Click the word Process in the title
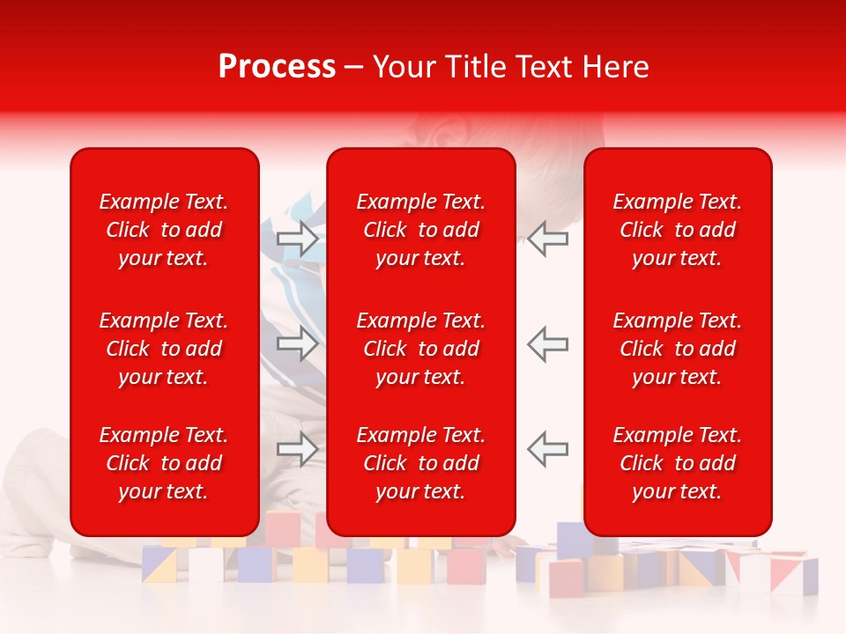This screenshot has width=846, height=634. pyautogui.click(x=277, y=67)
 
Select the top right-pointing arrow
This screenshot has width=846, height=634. pyautogui.click(x=298, y=239)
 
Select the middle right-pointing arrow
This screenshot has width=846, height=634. pyautogui.click(x=298, y=343)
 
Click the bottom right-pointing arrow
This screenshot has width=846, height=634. pyautogui.click(x=298, y=448)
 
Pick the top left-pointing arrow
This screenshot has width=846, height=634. pyautogui.click(x=547, y=239)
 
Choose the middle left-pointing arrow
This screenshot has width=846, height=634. pyautogui.click(x=547, y=343)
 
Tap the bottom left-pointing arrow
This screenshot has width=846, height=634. pyautogui.click(x=547, y=448)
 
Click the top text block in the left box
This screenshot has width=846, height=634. pyautogui.click(x=164, y=230)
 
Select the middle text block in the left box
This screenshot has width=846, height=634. pyautogui.click(x=164, y=349)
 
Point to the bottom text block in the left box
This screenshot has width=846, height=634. pyautogui.click(x=164, y=463)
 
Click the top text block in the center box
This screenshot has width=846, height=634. pyautogui.click(x=421, y=230)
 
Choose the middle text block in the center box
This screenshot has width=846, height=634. pyautogui.click(x=421, y=349)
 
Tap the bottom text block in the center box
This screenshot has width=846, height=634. pyautogui.click(x=421, y=463)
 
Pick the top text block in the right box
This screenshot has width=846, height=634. pyautogui.click(x=678, y=230)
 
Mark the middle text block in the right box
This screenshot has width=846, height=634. pyautogui.click(x=678, y=349)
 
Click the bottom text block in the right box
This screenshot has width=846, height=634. pyautogui.click(x=678, y=463)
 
